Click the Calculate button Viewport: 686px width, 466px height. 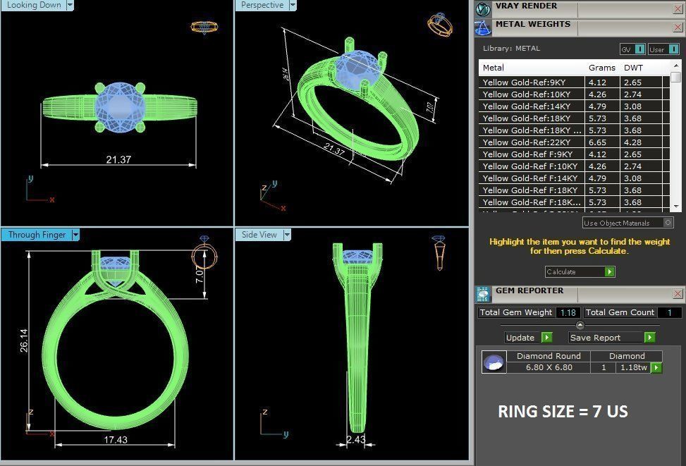(x=580, y=271)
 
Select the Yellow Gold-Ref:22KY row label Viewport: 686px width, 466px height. (x=526, y=142)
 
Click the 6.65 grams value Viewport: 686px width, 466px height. (x=597, y=142)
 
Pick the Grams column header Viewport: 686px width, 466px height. (x=601, y=68)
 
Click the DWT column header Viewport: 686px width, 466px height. (x=633, y=68)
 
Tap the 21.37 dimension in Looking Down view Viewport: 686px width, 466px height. (x=118, y=159)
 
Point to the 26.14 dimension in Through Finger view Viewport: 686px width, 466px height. (x=23, y=331)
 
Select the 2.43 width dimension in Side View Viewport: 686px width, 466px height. (x=355, y=439)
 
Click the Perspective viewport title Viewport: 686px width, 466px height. (x=262, y=5)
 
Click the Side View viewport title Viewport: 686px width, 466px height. (x=259, y=235)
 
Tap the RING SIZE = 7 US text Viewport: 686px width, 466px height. (x=563, y=412)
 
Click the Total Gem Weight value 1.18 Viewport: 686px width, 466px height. (x=568, y=312)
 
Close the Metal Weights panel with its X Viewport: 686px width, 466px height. (x=678, y=28)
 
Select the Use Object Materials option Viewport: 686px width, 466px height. (x=627, y=223)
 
